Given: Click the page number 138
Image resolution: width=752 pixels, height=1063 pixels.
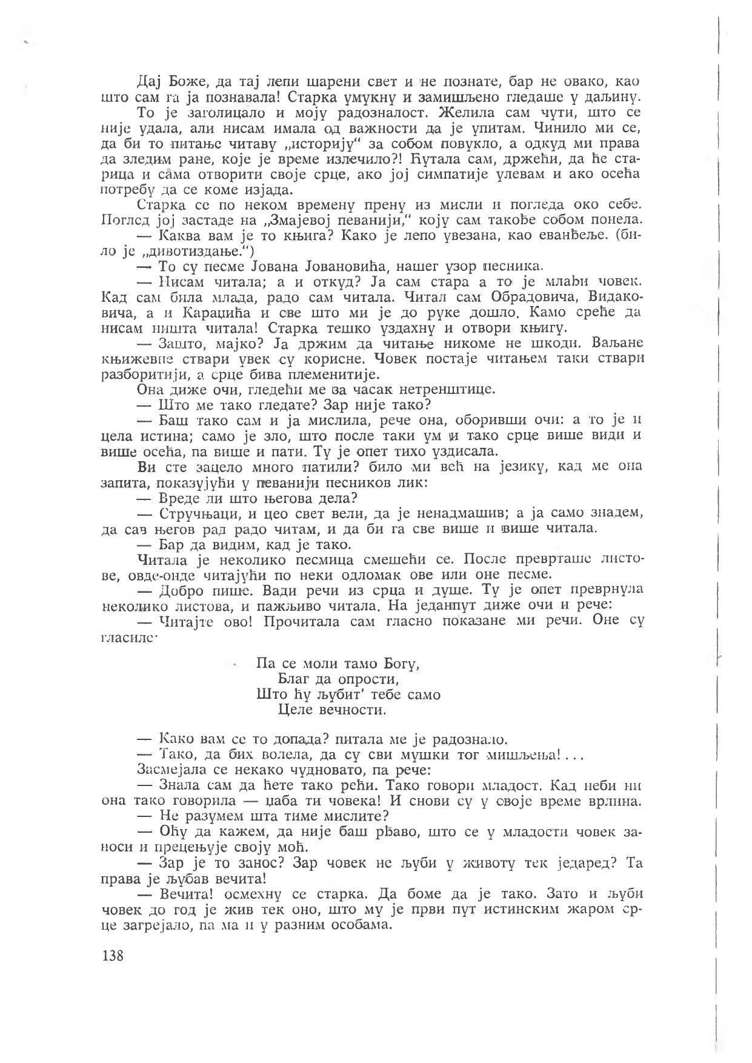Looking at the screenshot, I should point(113,956).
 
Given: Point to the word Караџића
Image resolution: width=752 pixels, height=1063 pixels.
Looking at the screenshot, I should point(191,313).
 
